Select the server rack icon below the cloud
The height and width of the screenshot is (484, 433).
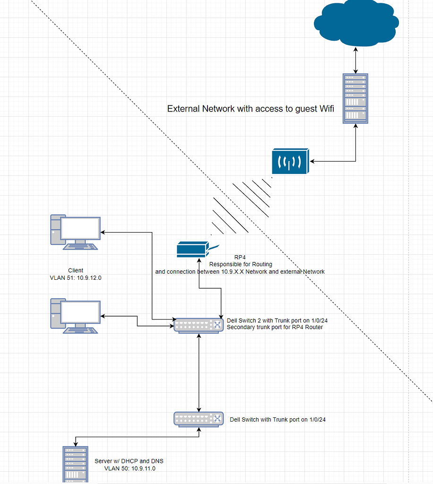pos(355,99)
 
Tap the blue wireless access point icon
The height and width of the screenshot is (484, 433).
pos(290,161)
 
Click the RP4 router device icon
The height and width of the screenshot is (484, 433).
pos(192,249)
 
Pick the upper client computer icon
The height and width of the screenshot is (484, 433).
pos(75,232)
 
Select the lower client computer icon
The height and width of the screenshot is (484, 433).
pos(75,316)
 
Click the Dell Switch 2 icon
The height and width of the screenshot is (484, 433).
pos(199,325)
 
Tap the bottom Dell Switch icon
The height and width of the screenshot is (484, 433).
pos(199,419)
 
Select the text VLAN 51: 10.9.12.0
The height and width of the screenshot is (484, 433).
pos(76,278)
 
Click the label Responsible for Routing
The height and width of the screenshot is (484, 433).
pos(240,264)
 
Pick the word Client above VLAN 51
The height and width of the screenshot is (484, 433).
pos(76,270)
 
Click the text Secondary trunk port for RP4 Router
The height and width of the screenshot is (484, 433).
pos(275,327)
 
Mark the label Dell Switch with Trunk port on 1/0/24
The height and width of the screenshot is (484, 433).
pos(277,419)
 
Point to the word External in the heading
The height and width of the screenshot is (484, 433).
pos(183,109)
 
